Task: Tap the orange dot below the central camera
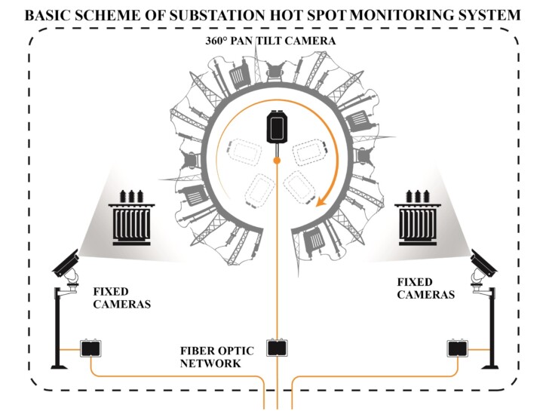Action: (277, 161)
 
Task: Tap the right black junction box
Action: (457, 348)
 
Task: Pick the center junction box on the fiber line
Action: (277, 348)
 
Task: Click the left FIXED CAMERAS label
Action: (121, 298)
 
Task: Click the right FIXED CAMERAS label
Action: (425, 288)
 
